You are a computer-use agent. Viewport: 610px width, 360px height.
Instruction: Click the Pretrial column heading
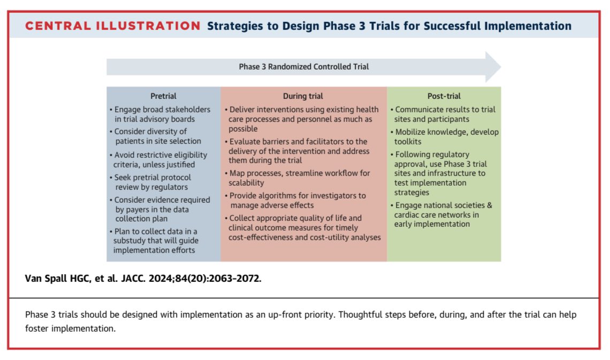(x=164, y=96)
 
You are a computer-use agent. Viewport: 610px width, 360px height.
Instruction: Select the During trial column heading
(x=303, y=96)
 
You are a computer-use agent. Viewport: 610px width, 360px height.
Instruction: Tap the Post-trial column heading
(x=443, y=96)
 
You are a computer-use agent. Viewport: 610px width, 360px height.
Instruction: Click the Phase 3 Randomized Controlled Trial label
(x=303, y=67)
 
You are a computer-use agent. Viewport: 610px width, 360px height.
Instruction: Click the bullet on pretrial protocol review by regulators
(x=155, y=182)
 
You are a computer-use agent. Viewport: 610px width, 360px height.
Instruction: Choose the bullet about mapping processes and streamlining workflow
(x=298, y=178)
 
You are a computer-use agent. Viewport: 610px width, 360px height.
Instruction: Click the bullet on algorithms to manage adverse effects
(x=298, y=200)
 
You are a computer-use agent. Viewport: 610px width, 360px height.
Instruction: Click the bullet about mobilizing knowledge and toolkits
(x=446, y=136)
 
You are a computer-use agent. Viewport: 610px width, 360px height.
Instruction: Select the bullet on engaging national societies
(x=443, y=214)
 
